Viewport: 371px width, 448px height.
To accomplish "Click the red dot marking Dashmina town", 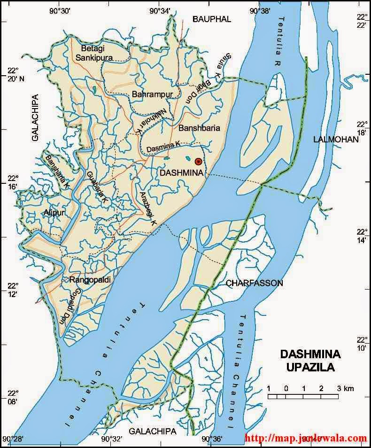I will click(x=198, y=161).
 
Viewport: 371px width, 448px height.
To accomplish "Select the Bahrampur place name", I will click(x=153, y=94).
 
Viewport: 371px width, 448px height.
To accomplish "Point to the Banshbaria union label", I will click(x=199, y=128).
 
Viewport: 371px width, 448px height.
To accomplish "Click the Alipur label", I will click(x=54, y=212).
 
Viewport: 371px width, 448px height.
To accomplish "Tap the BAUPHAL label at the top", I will click(x=212, y=19).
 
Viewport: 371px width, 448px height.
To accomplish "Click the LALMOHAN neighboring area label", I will click(x=335, y=140).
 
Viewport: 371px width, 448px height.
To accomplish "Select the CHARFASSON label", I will click(x=254, y=283).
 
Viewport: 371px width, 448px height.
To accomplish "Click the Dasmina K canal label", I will click(x=163, y=147).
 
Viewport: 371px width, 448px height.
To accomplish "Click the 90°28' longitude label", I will click(x=10, y=439).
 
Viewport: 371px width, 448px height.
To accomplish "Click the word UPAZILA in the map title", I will click(x=310, y=368).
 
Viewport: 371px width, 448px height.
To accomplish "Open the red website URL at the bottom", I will click(x=306, y=438).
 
